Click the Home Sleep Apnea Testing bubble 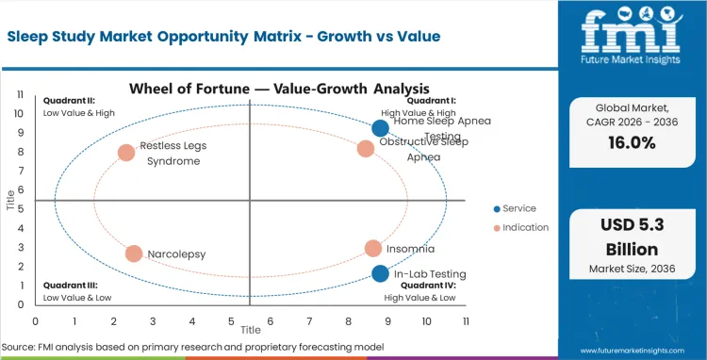coord(380,128)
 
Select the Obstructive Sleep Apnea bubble coord(366,148)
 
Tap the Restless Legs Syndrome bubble coord(126,153)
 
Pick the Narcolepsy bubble coord(134,254)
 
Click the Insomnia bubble coord(373,249)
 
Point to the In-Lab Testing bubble coord(380,274)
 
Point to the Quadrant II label coord(66,100)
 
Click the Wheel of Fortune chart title coord(252,89)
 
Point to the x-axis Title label coord(250,331)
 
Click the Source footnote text coord(192,348)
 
